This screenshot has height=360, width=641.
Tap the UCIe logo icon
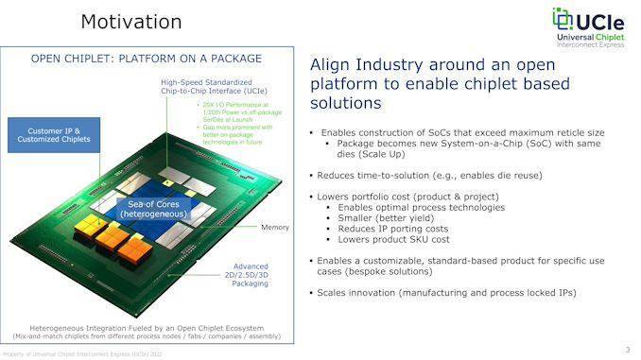pyautogui.click(x=564, y=20)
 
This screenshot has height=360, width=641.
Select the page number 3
pyautogui.click(x=627, y=349)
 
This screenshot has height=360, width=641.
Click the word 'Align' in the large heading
pyautogui.click(x=332, y=66)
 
